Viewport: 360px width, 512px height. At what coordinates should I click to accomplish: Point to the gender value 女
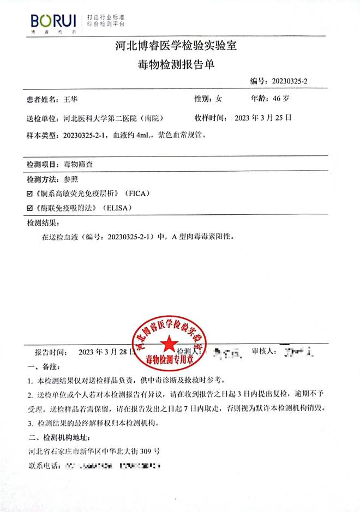tap(219, 99)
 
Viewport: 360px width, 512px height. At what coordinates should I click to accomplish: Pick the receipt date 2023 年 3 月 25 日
tap(263, 117)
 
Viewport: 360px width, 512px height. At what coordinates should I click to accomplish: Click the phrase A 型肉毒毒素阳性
tap(202, 238)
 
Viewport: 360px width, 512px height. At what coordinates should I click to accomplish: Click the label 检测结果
tap(43, 223)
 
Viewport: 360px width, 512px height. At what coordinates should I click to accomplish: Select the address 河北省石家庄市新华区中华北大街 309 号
tap(93, 451)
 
